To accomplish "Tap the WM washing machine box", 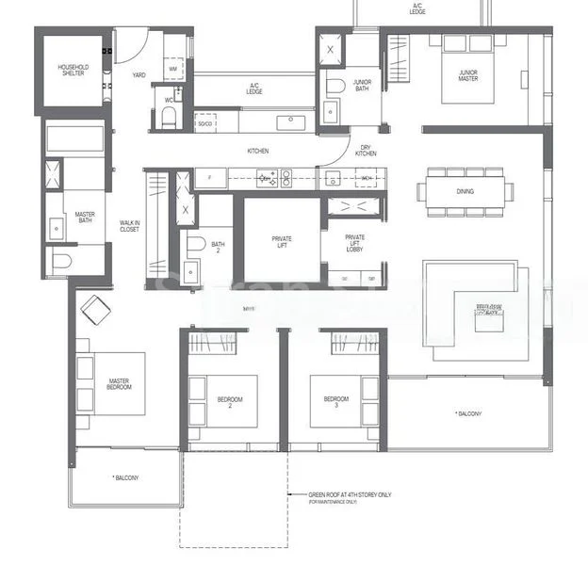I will (172, 69).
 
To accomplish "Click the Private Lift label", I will (281, 242).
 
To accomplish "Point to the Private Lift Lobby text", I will (354, 243).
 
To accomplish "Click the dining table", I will (466, 191).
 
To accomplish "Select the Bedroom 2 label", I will (229, 400).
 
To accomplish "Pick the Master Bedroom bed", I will (113, 383).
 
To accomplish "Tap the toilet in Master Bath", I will (58, 261).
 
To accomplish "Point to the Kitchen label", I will (258, 151).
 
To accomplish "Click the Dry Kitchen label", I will (367, 152).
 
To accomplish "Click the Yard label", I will (139, 74).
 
